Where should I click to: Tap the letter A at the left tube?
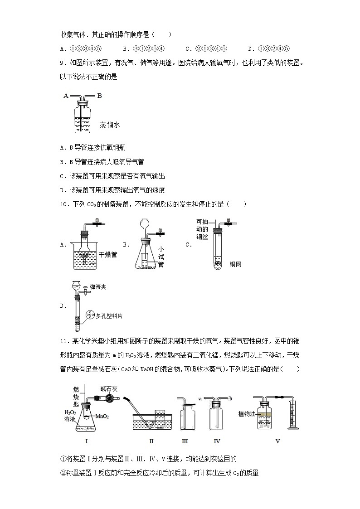pos(66,96)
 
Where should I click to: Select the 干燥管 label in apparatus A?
pos(108,255)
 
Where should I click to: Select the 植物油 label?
pos(247,414)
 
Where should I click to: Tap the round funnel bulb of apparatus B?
pos(145,224)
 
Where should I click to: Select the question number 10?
pos(64,204)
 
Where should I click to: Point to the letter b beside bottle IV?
pos(231,398)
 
